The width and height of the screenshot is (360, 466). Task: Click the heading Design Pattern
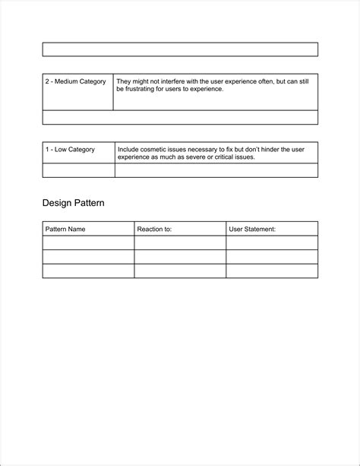73,203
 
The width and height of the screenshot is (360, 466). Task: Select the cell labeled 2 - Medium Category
75,81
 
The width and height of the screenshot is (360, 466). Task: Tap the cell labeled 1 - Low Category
70,150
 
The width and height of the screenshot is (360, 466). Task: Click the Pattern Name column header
65,229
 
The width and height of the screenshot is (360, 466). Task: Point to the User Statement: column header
252,229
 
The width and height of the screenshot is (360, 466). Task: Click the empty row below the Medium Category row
180,117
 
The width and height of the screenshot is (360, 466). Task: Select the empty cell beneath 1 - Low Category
78,170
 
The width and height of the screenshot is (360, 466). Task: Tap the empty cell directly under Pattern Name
88,243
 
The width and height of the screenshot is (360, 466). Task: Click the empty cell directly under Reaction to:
180,243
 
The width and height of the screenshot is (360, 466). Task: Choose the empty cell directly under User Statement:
272,243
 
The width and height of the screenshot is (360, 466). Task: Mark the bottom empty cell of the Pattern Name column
88,271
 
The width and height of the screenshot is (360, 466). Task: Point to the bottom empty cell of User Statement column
272,271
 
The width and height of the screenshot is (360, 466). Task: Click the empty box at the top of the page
180,49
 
